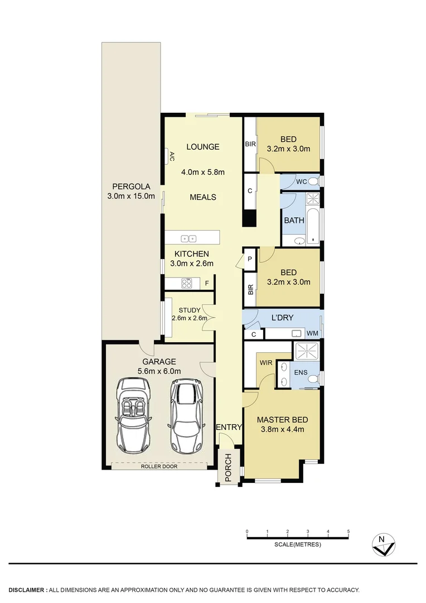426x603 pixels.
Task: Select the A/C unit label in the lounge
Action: click(172, 156)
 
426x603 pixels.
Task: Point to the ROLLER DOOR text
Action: click(159, 466)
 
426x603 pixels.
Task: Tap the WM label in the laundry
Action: click(312, 333)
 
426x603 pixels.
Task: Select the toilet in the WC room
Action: click(313, 181)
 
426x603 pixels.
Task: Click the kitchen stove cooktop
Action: click(186, 283)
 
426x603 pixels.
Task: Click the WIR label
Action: click(266, 363)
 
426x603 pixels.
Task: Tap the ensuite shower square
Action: click(306, 351)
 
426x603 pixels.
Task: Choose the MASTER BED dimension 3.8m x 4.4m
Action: click(282, 429)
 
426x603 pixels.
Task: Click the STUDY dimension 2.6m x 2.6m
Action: click(190, 318)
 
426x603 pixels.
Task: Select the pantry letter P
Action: click(249, 259)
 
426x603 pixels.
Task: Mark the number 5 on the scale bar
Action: click(348, 531)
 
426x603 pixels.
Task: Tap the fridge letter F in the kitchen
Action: click(207, 284)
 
